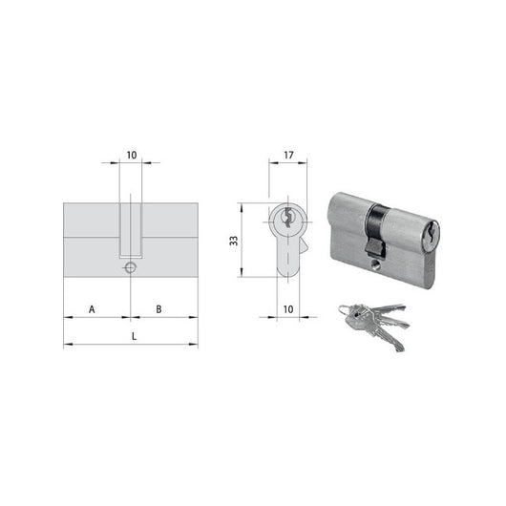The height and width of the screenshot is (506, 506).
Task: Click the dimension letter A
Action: pyautogui.click(x=93, y=308)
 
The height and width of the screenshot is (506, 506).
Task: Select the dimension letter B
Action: pyautogui.click(x=158, y=308)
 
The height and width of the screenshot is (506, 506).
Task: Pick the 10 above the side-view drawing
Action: pyautogui.click(x=132, y=153)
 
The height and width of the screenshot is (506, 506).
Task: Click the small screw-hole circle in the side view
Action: pyautogui.click(x=131, y=268)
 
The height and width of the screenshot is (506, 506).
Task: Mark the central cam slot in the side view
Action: pyautogui.click(x=132, y=229)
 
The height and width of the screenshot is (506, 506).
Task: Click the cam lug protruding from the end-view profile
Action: pyautogui.click(x=304, y=248)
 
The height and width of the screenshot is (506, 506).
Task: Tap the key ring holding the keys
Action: pyautogui.click(x=345, y=310)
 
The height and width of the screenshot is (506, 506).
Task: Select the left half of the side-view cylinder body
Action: pyautogui.click(x=92, y=240)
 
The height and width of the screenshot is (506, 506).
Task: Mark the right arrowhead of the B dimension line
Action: pyautogui.click(x=196, y=317)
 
